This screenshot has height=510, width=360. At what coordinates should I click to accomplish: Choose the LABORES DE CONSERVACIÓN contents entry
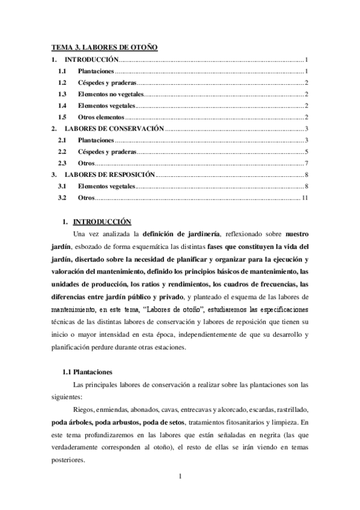[114, 129]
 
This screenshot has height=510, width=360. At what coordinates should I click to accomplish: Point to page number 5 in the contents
[307, 152]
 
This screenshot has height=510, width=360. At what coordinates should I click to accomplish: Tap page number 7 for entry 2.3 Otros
[307, 163]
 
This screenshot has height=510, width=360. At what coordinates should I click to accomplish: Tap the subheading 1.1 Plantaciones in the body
[91, 372]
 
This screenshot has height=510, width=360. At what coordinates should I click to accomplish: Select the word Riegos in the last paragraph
[83, 410]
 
